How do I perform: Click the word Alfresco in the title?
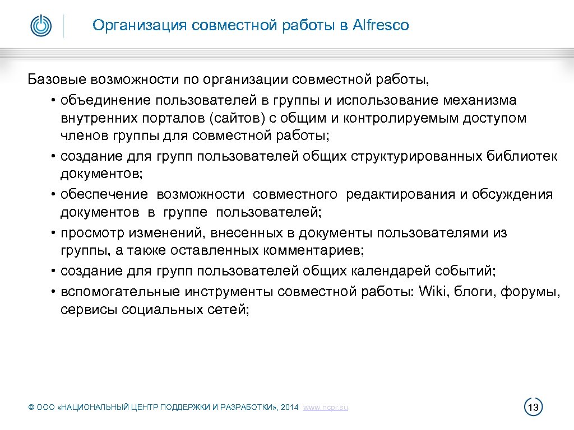[381, 25]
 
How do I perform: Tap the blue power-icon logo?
[41, 26]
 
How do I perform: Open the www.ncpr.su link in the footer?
[325, 408]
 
